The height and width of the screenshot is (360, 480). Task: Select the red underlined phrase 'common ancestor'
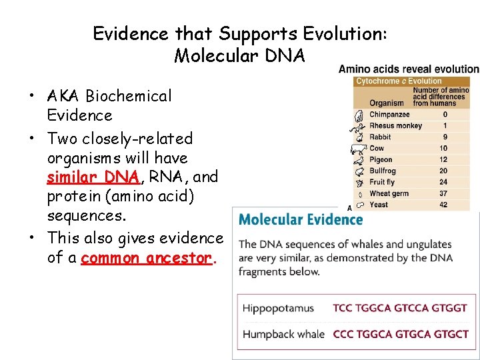(147, 257)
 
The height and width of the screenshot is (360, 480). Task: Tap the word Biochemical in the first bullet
(128, 96)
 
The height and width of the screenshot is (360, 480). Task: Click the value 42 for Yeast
(443, 205)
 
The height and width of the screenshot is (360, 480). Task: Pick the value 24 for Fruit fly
(443, 182)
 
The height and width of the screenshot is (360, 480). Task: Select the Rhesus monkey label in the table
(396, 126)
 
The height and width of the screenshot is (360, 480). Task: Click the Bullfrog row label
(383, 171)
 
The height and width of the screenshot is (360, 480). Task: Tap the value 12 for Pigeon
(443, 159)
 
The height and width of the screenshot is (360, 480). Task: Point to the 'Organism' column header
(387, 103)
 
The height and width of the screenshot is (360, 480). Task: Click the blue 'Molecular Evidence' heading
(301, 219)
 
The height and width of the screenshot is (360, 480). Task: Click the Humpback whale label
(283, 334)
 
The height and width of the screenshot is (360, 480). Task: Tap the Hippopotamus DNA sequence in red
(400, 309)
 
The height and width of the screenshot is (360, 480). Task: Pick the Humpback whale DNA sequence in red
(400, 334)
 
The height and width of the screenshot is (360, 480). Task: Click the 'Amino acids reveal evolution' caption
(409, 69)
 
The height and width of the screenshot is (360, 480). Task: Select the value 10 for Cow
(443, 148)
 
